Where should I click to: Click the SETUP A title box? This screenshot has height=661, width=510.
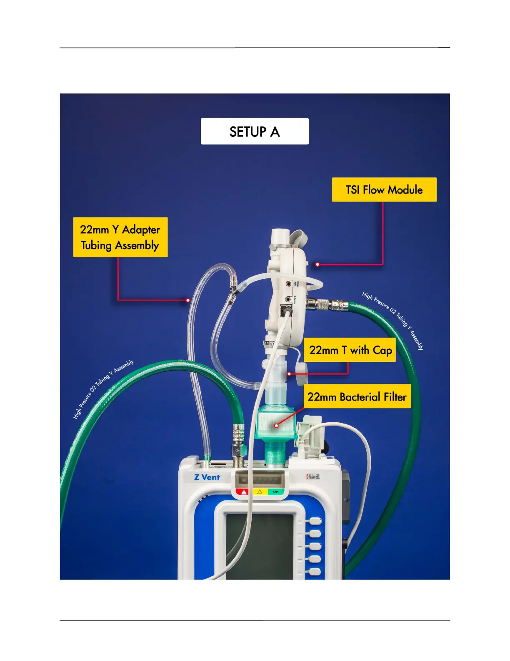[x=255, y=131]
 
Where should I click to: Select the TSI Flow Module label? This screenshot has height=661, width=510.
[x=384, y=190]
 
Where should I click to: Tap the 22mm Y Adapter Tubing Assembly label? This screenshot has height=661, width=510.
[x=120, y=237]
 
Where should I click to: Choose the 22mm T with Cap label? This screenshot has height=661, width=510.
[x=350, y=350]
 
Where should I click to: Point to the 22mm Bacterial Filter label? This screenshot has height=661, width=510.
[x=357, y=396]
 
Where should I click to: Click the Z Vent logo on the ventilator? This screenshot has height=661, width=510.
[x=207, y=477]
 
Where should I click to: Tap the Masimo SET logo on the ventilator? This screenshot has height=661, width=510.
[x=313, y=476]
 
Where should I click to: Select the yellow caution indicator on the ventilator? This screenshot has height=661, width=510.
[x=260, y=492]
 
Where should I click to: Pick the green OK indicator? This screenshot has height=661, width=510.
[x=276, y=492]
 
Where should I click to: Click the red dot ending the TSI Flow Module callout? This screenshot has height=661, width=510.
[x=317, y=265]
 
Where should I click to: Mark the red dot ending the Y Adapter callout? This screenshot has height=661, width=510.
[x=188, y=300]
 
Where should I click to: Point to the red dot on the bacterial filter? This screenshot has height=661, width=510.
[x=276, y=426]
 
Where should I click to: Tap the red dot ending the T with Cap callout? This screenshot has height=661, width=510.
[x=289, y=374]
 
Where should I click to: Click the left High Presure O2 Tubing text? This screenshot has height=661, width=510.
[x=103, y=389]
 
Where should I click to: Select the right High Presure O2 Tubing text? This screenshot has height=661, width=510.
[x=393, y=320]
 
